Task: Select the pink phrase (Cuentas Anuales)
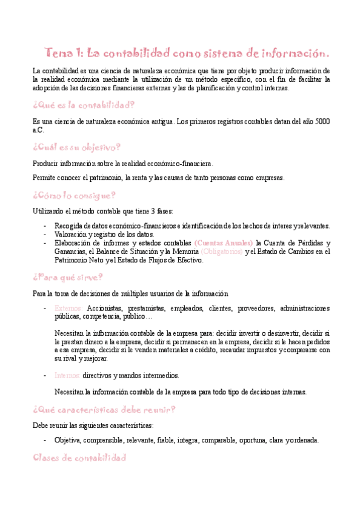[224, 243]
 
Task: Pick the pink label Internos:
[67, 375]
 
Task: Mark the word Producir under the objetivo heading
[46, 164]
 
